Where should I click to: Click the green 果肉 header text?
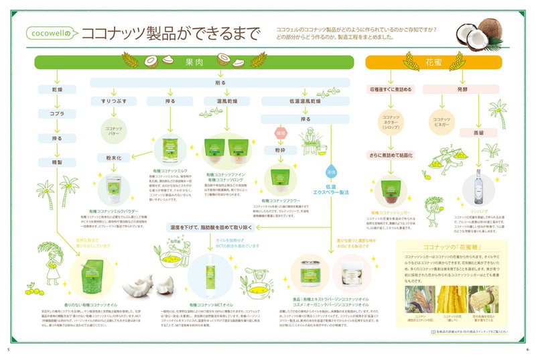click(194, 62)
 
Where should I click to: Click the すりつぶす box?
click(114, 101)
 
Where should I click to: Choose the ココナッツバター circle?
click(113, 129)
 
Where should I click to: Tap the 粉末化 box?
click(113, 158)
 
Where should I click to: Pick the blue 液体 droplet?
click(331, 163)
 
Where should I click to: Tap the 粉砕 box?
click(280, 151)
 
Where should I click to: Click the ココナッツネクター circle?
click(391, 122)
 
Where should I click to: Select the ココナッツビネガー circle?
click(445, 122)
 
